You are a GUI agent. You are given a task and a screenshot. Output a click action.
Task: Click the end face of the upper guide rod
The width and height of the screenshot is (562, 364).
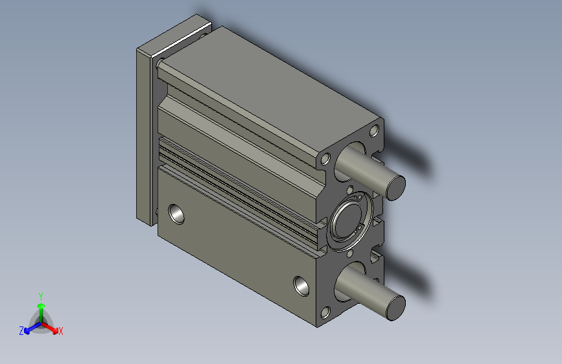(396, 187)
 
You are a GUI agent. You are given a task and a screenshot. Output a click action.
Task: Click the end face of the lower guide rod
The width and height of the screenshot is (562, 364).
(395, 306)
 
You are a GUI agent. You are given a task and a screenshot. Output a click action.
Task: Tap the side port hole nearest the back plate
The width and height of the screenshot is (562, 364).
(176, 213)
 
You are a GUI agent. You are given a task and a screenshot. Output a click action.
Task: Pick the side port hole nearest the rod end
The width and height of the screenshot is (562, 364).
(301, 285)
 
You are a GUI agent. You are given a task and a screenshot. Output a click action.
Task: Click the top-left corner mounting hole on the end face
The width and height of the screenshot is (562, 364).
(325, 159)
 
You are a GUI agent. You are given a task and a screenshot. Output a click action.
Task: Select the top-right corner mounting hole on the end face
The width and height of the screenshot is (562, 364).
(374, 131)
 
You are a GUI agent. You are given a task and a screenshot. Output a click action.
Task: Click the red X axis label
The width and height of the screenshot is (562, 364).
(61, 331)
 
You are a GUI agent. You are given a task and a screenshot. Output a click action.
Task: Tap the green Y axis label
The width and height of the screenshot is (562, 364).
(41, 295)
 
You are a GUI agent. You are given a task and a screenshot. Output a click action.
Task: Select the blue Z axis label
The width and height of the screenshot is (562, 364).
(21, 331)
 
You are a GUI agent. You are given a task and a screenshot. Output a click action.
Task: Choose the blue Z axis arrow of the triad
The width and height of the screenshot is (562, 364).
(30, 328)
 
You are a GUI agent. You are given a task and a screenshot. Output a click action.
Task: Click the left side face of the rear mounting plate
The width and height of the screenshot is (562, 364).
(143, 133)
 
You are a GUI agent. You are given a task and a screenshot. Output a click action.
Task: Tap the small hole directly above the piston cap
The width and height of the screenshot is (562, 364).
(351, 190)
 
